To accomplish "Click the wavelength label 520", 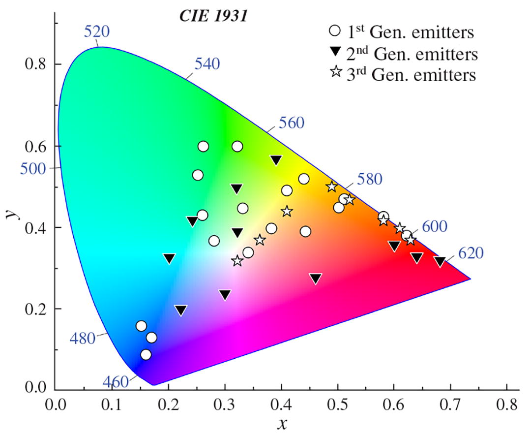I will (97, 31).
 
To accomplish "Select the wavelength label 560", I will (292, 123).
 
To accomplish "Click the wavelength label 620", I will (471, 253).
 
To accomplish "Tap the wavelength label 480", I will (82, 339).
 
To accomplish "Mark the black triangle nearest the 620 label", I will (440, 262).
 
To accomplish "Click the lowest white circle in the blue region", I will (146, 355).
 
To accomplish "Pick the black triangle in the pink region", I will (316, 279).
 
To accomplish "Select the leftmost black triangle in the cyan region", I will (169, 258).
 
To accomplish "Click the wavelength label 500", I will (32, 168).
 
